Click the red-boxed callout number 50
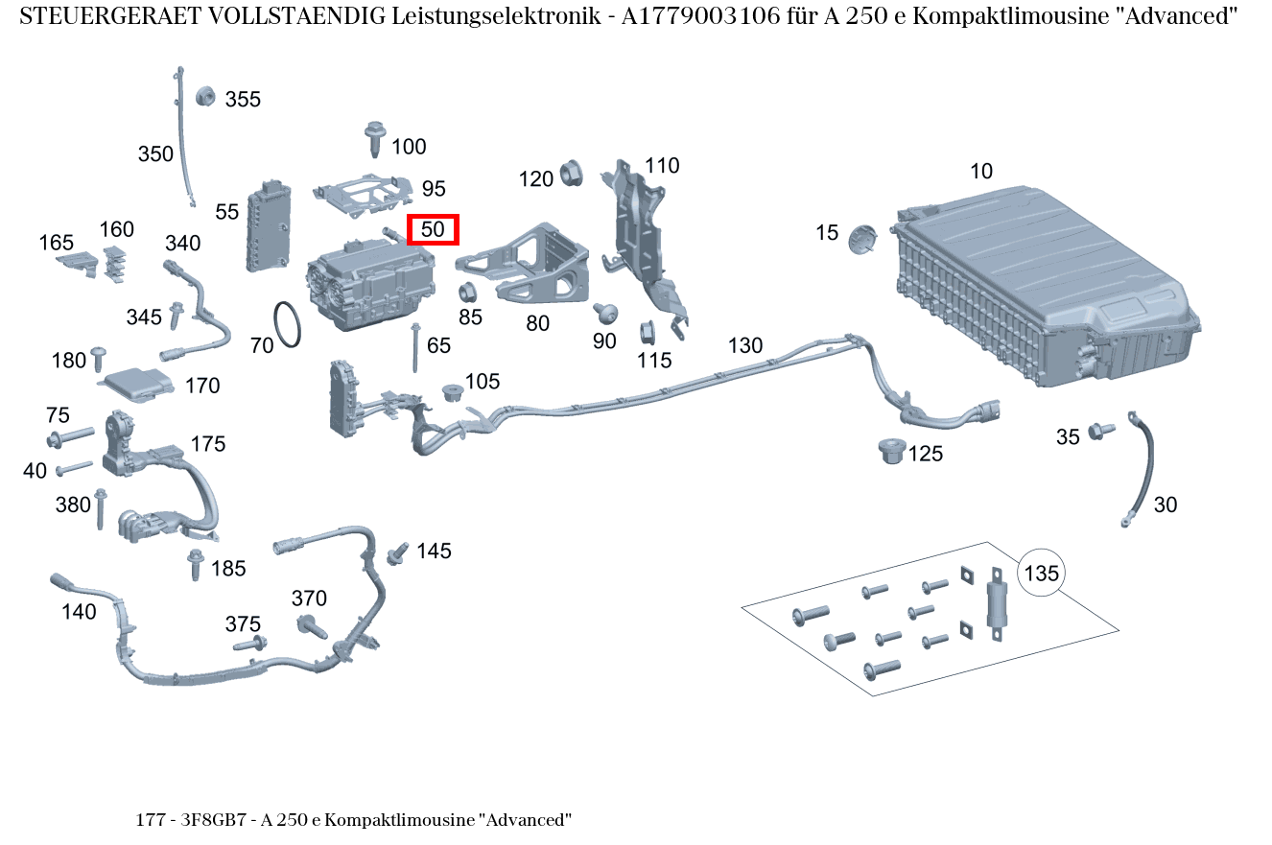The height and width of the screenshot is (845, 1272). coord(434,230)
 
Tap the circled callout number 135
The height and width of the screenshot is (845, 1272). coord(1041,574)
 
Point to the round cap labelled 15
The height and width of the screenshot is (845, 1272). coord(863,238)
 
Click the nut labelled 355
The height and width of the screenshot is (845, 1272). coord(203,96)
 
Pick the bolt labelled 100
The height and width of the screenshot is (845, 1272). coord(375,138)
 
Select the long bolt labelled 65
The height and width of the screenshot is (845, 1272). coord(414,348)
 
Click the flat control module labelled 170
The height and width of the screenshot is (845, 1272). coord(139,383)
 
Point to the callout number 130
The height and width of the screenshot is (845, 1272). coord(745,345)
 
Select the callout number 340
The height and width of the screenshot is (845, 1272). coord(182,244)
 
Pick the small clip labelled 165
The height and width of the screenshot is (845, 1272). coord(77,262)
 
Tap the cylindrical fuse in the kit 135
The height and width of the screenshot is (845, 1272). coord(997,606)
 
